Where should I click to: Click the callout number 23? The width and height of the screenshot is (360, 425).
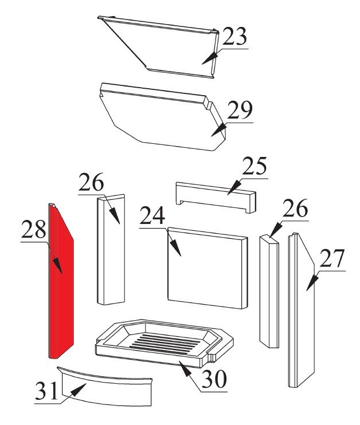point(235,37)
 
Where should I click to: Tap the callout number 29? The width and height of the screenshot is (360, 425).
point(240,111)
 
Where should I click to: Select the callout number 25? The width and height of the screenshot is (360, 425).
point(255,166)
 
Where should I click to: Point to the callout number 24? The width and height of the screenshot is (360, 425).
point(152,215)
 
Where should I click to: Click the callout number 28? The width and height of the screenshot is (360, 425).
point(34,230)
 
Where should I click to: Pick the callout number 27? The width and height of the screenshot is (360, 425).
point(332,258)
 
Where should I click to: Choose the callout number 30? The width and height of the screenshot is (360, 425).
point(214,379)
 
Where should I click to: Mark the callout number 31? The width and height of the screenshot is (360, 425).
point(47,391)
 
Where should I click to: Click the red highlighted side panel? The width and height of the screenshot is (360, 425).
point(61,282)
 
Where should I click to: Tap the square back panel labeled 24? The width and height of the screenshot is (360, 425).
point(208,268)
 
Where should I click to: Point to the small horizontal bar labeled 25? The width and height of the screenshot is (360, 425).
point(216,197)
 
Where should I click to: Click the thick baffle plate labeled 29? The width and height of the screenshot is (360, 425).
point(162,116)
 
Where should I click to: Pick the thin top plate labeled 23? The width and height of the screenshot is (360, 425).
point(158,46)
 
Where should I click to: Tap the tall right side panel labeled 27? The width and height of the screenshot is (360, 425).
point(301,310)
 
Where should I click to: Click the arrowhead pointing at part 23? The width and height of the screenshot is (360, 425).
point(209,58)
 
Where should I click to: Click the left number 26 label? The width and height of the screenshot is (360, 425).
point(91,182)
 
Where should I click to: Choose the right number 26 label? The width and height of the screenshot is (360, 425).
point(295,208)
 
